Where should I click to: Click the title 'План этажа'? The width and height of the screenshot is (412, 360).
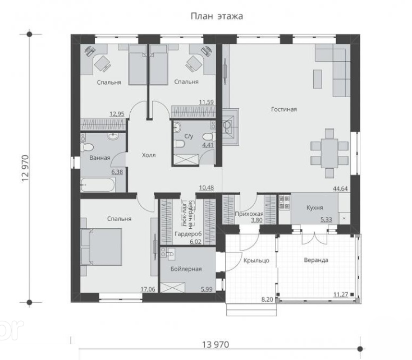pos(217,16)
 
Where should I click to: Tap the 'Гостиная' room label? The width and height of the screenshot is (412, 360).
pos(284,109)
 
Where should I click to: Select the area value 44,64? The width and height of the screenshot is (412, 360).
pos(340,188)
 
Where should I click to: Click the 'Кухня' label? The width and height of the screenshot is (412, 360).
pos(315,207)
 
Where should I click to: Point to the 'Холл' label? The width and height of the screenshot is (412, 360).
pos(149,155)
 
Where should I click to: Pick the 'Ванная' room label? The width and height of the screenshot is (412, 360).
pos(100,158)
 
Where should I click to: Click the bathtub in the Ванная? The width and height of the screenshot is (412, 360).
pos(98,184)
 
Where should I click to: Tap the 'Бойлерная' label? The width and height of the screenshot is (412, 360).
pos(186,269)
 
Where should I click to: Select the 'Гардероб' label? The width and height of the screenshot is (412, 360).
pos(189,234)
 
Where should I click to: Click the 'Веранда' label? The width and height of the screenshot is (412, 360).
pos(316,260)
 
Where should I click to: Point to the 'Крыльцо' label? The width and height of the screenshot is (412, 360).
pos(257,261)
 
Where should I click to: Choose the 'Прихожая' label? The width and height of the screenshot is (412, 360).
pos(249,214)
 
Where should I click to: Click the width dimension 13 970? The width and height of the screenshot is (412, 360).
pos(216,344)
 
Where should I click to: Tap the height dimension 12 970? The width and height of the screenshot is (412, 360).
pos(25,168)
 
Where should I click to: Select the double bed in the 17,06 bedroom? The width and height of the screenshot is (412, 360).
pos(102,247)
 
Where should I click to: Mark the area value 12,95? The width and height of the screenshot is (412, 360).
pos(117,114)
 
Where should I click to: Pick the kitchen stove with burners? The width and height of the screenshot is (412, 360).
pos(285,202)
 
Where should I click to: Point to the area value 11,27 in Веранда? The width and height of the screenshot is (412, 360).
pos(341,294)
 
